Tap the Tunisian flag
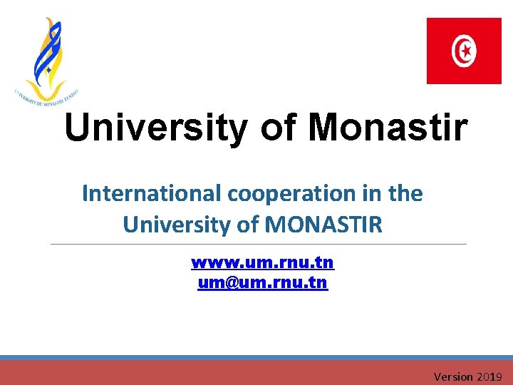coord(464,51)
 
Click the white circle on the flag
coord(465,51)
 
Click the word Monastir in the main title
coord(388,128)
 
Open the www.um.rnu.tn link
coord(262,262)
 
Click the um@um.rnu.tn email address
coord(262,283)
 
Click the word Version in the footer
coord(453,376)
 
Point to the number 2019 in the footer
coord(490,376)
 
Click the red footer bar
coord(214,373)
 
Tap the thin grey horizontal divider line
coord(256,244)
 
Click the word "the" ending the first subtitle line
coord(406,193)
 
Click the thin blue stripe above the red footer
coord(256,357)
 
